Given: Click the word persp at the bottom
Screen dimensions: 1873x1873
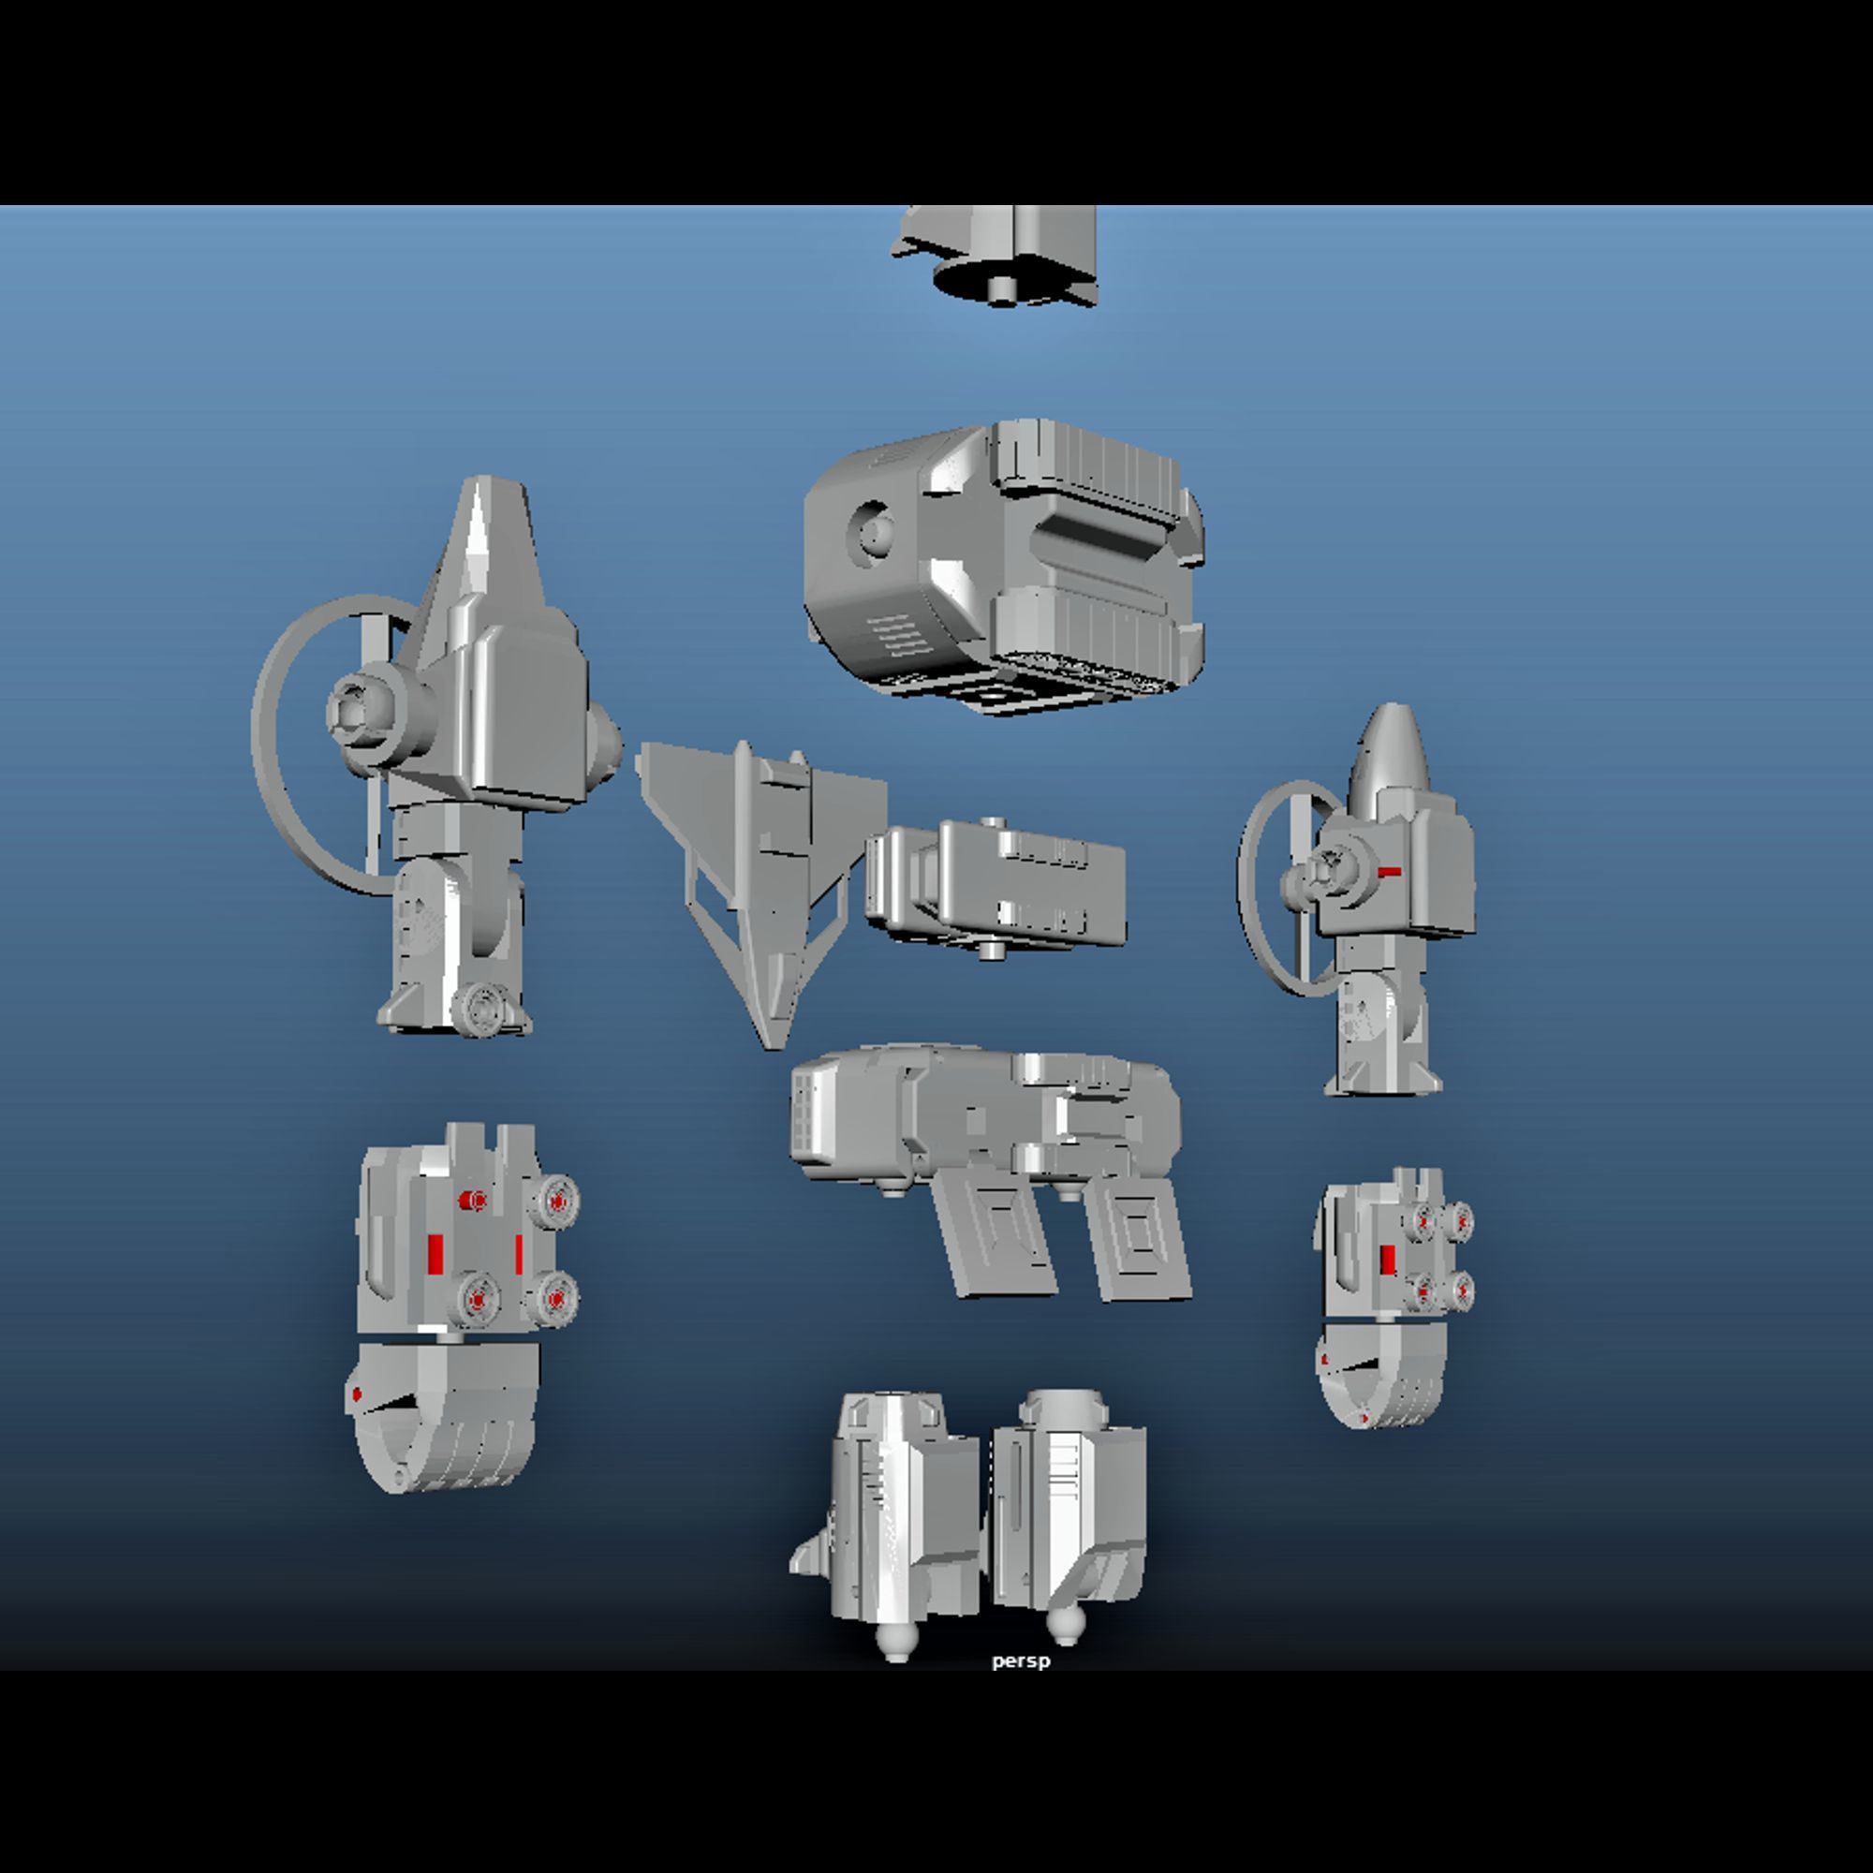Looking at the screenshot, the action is (1021, 1660).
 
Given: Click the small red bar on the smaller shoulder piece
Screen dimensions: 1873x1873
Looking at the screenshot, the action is (1389, 872).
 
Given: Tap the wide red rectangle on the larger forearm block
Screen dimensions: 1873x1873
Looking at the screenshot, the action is (435, 1254).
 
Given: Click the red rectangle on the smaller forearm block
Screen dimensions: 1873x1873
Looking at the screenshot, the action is (1388, 1261).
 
